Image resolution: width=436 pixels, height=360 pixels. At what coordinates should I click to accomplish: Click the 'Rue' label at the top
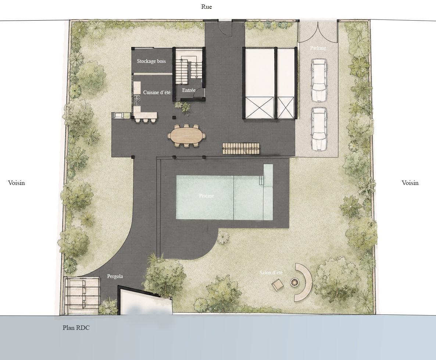point(206,7)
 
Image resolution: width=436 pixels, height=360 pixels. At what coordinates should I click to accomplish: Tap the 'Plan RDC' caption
point(76,328)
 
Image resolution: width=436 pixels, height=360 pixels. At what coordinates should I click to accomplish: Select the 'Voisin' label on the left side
point(17,183)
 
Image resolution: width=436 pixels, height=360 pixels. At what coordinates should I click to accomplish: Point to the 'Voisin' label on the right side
point(410,183)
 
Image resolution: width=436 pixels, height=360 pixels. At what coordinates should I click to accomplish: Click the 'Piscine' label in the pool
point(206,196)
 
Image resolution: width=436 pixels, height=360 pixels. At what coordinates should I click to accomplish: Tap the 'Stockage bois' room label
point(151,61)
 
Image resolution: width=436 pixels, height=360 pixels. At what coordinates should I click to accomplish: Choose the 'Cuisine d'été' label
point(157,92)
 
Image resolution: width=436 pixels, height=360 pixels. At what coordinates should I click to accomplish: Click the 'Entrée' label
point(189,90)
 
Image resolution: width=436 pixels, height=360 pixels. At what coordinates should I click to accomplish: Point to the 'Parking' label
point(318,48)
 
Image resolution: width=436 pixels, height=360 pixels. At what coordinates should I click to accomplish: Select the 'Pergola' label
point(115,276)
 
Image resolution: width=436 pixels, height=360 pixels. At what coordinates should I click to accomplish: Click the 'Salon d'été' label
point(271,272)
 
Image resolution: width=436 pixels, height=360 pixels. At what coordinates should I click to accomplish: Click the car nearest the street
point(319,80)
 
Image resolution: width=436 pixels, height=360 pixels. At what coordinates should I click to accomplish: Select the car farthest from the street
point(319,129)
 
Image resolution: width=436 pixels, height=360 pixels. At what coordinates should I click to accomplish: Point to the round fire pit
point(294,283)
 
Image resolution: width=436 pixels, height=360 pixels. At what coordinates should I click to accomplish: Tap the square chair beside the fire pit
point(278,285)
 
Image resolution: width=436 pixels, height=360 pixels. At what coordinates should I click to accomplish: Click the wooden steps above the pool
point(241,149)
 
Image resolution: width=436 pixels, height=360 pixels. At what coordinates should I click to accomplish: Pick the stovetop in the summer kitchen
point(137,100)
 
